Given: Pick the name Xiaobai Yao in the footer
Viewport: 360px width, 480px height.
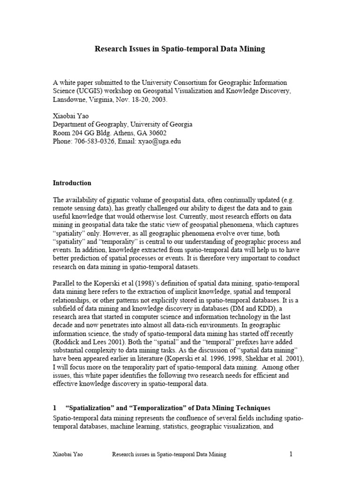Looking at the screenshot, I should pos(69,454).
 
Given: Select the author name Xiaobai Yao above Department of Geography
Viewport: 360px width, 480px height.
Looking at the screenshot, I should pos(70,116).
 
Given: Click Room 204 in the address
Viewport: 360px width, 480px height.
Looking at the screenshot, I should pos(67,133).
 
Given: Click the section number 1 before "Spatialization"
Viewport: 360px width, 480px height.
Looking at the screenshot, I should pos(54,408).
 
